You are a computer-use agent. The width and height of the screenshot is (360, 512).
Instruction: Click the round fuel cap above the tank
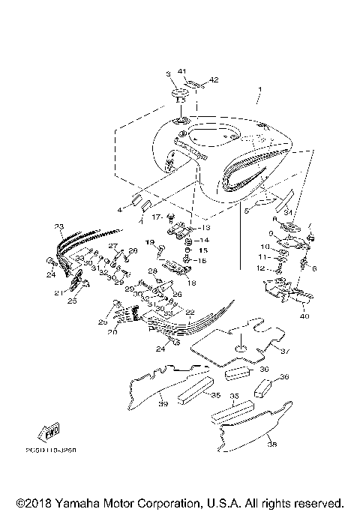[x=180, y=96]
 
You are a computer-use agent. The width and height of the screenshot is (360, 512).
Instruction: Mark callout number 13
[x=205, y=227]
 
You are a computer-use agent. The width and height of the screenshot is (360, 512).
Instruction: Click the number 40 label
[x=304, y=316]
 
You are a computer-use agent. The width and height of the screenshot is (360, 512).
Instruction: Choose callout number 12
[x=260, y=268]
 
